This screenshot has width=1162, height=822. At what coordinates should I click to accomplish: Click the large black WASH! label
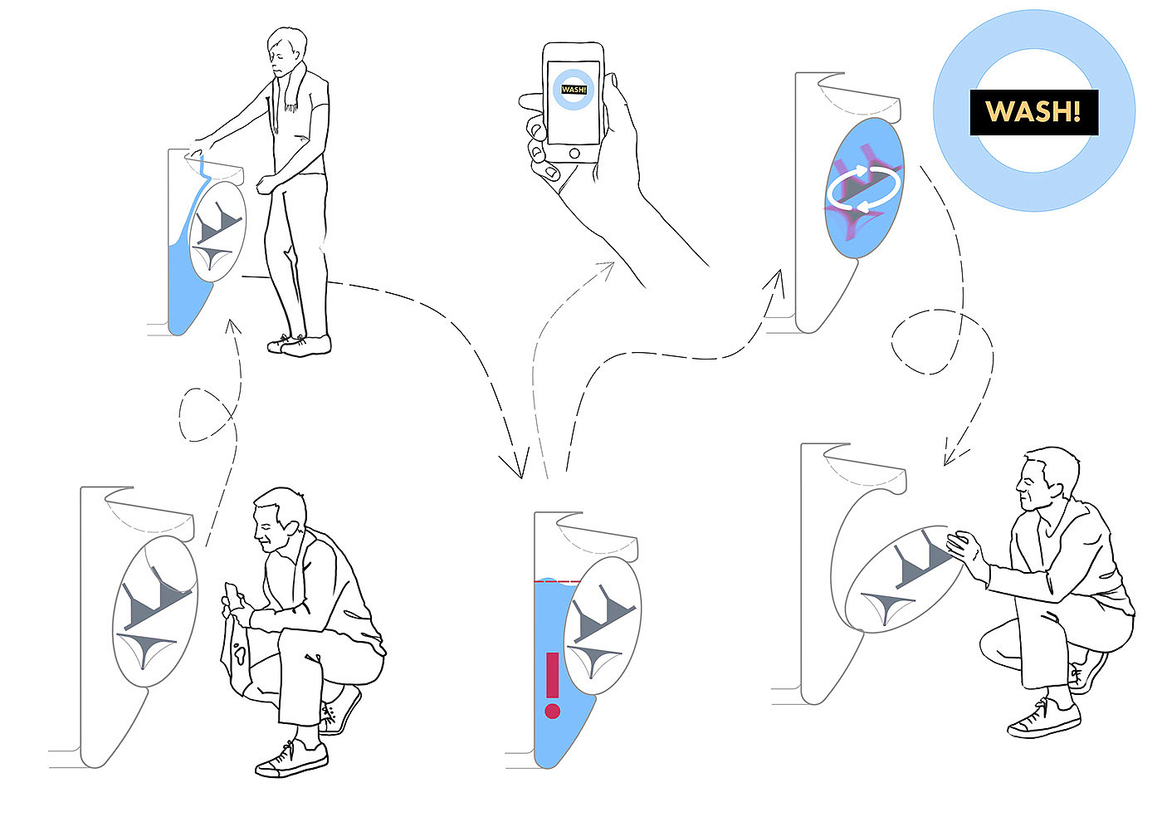click(1034, 112)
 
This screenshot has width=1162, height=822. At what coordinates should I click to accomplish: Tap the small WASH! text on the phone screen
click(574, 90)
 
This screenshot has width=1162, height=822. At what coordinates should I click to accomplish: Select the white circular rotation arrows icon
click(864, 189)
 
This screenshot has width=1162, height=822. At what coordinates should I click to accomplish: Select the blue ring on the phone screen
click(574, 90)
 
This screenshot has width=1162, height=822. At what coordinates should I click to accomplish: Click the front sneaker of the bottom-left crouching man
click(291, 759)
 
